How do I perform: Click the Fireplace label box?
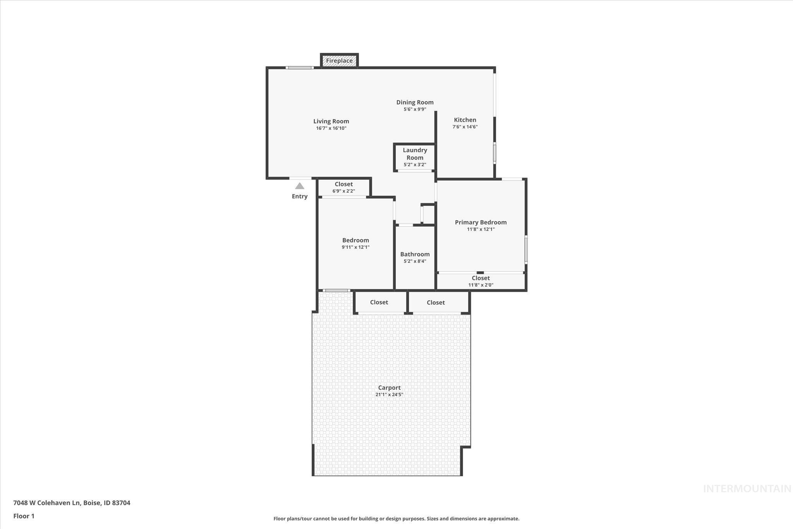point(339,61)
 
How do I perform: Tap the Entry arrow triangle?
point(300,186)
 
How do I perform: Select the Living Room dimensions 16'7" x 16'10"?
point(331,128)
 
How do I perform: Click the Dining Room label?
point(415,102)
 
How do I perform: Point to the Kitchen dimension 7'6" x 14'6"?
point(465,127)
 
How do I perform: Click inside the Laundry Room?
point(415,157)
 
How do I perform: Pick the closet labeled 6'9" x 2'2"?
point(344,188)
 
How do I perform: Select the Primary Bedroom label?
point(481,222)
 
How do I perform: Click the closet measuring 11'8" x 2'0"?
point(481,281)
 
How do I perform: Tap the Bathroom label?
point(415,254)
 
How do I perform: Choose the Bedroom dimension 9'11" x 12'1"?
point(355,247)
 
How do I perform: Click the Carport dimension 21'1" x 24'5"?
point(389,395)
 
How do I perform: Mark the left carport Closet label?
point(379,302)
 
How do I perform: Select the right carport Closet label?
point(436,303)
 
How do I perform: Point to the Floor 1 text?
point(24,516)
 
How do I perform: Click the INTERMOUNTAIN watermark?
point(747,489)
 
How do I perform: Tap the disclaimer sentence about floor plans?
point(396,519)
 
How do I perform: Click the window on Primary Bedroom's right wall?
point(526,249)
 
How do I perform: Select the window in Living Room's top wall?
point(300,68)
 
